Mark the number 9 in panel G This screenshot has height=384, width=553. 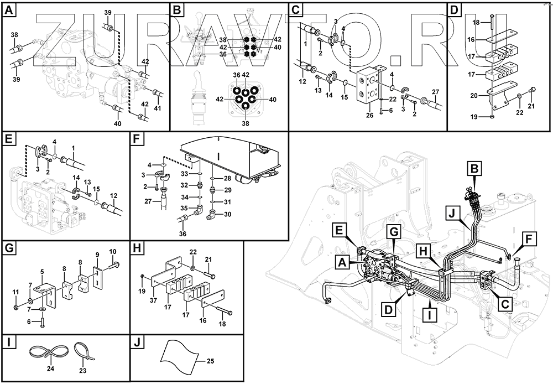click(x=97, y=256)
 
